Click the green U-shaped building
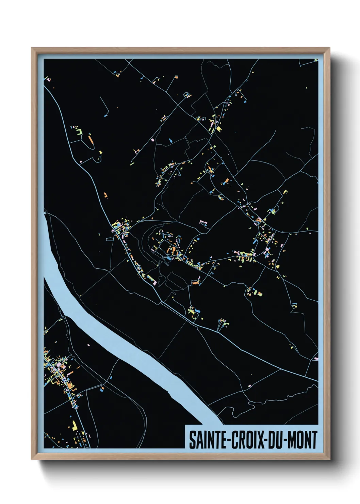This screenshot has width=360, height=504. coord(79,131)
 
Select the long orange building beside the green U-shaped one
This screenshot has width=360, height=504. coord(91,139)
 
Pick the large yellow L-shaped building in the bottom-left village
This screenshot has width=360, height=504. coord(74,426)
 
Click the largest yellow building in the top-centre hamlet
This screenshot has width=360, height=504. coord(218,129)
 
